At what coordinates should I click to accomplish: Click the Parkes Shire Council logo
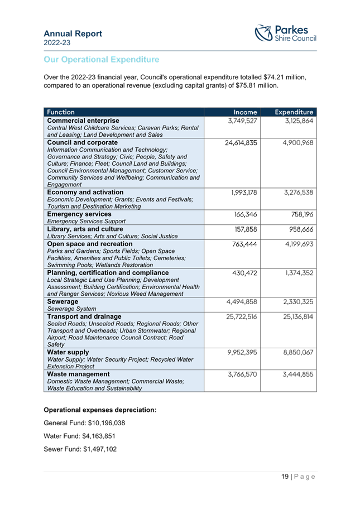285,33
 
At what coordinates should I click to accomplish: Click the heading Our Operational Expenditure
101,60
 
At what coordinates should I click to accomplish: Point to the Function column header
61,112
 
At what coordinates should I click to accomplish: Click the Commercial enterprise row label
83,121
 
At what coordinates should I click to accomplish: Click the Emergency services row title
79,214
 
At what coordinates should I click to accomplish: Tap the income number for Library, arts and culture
246,229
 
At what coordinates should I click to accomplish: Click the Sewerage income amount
241,302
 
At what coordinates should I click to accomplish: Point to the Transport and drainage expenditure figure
298,317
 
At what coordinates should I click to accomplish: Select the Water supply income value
241,353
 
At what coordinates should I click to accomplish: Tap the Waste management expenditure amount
298,374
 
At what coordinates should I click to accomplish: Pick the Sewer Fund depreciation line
80,449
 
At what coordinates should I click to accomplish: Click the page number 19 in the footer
285,477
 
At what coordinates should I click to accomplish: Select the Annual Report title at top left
73,33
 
